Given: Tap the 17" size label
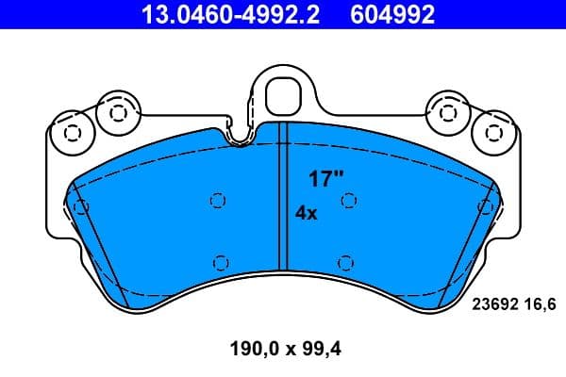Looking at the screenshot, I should tap(324, 176).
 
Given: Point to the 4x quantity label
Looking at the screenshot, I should tap(307, 213).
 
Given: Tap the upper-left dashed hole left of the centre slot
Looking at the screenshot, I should tap(218, 200).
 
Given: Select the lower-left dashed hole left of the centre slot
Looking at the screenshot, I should tap(221, 262).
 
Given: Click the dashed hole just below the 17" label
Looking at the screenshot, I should tap(347, 200).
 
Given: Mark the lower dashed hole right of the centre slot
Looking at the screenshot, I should tap(345, 262).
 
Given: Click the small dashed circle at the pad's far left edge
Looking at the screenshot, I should tap(81, 206).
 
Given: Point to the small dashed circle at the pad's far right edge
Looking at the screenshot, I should tap(485, 206).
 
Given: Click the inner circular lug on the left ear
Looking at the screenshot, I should tap(117, 112).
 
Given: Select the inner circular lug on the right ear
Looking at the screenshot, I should tap(447, 112).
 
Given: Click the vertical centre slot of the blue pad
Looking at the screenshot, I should tap(280, 203).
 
